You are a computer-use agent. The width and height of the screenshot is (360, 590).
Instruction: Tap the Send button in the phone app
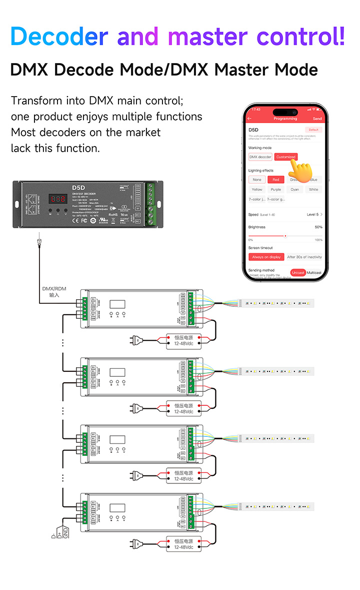pos(317,119)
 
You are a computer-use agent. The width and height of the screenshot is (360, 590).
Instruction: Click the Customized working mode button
pos(286,157)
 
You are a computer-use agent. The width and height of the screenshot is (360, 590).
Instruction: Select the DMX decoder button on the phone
pos(260,157)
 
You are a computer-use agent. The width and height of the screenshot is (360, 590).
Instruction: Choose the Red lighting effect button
pos(276,180)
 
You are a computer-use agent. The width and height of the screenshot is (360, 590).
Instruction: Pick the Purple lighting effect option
pos(276,190)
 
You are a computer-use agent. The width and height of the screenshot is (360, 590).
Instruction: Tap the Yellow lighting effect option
pos(257,190)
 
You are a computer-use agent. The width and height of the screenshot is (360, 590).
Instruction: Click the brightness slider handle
pos(285,236)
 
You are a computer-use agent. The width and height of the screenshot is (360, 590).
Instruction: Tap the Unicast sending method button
pos(298,273)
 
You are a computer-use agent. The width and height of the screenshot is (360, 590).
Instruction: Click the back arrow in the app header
pos(250,119)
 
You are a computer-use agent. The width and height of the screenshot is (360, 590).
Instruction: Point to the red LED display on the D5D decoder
pos(58,199)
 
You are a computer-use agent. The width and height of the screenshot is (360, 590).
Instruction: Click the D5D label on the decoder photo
pos(79,188)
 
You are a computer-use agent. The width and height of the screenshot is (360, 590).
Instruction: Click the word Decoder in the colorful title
pos(59,37)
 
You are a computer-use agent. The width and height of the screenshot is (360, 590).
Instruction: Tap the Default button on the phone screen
pos(314,130)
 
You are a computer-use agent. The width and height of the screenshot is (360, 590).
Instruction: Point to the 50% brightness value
pos(318,227)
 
